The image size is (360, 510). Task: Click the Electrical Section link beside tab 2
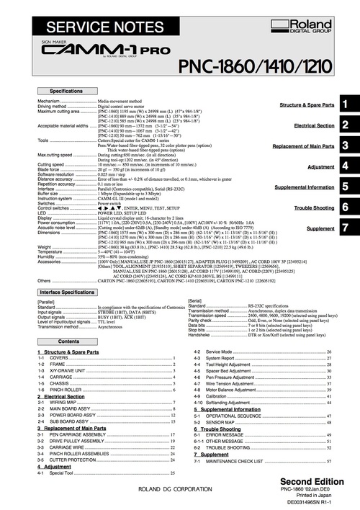tap(315, 125)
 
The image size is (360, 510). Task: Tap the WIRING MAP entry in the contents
tap(61, 401)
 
